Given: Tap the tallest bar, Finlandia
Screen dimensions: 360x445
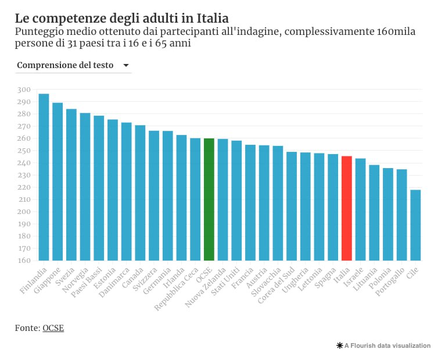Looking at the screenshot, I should point(44,177).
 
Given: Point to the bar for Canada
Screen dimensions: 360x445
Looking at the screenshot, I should point(140,193).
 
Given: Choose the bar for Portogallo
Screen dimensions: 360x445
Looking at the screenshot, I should point(401,215).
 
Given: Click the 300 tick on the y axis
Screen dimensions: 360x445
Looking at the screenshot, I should point(24,90).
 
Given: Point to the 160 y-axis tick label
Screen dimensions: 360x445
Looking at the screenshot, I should point(24,261).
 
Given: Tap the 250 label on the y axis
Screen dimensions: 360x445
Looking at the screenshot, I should point(24,151).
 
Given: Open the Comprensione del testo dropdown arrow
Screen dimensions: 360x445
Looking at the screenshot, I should point(126,66).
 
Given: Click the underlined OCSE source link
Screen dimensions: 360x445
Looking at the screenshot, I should point(53,328).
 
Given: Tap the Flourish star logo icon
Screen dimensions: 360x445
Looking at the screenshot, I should point(339,345).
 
